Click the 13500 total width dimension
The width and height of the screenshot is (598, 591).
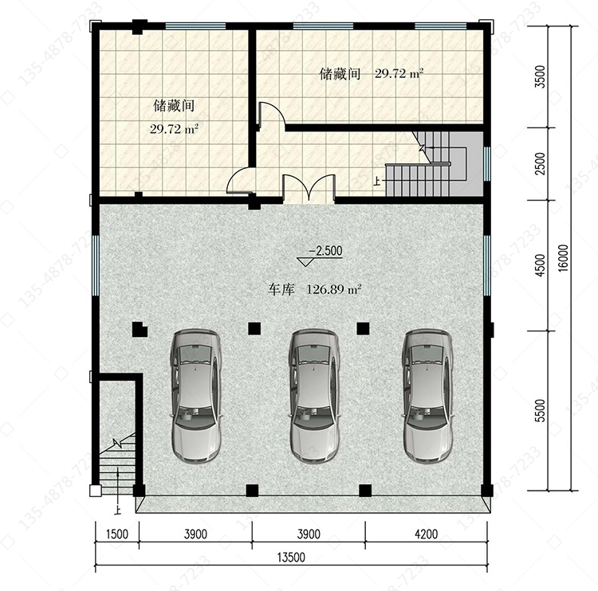coord(291,558)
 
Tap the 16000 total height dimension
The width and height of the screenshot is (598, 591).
coord(563,258)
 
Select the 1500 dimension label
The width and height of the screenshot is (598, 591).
coord(117,534)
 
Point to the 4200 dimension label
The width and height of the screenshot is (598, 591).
coord(427,534)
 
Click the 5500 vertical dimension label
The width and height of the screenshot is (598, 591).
coord(541,410)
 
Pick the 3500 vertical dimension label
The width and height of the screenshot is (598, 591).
coord(541,76)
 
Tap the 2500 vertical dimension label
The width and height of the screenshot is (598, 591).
coord(541,163)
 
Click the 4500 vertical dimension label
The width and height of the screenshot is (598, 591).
coord(541,265)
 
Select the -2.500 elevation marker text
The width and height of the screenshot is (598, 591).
coord(325,251)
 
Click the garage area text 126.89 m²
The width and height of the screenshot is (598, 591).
coord(334,289)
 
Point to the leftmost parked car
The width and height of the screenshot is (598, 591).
coord(196,397)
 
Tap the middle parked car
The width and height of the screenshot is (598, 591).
coord(314,397)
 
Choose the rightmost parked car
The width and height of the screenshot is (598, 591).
coord(428,397)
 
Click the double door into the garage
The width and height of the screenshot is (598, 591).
coord(309,188)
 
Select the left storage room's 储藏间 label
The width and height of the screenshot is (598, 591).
coord(174,106)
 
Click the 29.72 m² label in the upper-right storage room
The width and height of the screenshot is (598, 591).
coord(399,72)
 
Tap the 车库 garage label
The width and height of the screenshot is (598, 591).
coord(281,290)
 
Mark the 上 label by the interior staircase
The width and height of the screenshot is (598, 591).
coord(377,181)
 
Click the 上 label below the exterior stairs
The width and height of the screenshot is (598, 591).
coord(117,510)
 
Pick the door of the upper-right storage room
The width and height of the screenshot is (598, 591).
coord(272,113)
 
